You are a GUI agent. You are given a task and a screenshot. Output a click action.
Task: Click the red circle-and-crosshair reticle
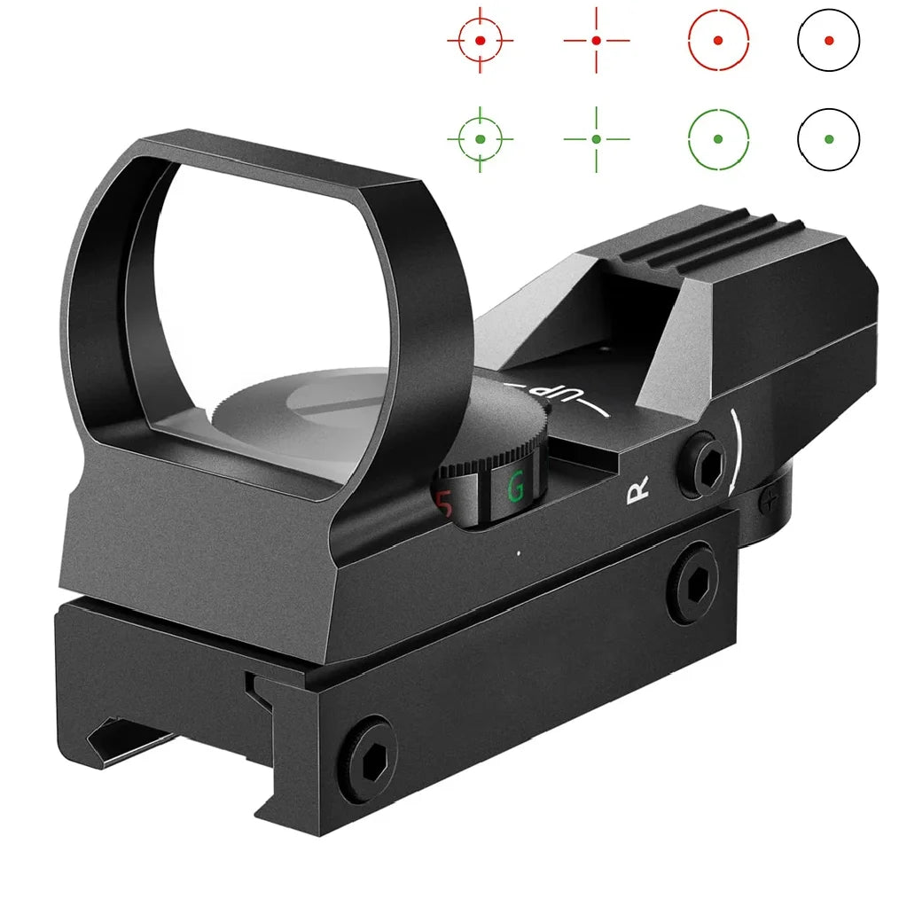(480, 41)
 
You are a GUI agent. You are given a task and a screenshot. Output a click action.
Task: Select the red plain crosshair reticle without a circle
(596, 41)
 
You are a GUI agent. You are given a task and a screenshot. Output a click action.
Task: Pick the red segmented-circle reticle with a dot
(718, 41)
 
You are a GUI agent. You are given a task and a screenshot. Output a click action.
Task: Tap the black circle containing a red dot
(828, 40)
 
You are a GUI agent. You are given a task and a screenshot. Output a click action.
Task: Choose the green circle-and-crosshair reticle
(480, 139)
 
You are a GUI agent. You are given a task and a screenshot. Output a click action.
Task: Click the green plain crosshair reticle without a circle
(596, 139)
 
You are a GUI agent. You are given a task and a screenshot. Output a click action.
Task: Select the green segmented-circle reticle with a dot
(718, 139)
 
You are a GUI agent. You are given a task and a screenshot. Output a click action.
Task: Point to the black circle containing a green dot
(828, 139)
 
